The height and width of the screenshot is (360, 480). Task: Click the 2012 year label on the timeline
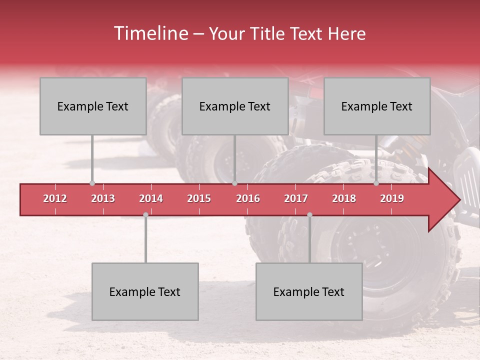(x=55, y=198)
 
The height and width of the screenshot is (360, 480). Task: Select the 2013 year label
(x=103, y=198)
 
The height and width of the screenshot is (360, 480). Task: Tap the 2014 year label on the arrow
(x=151, y=198)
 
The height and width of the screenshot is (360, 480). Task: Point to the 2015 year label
(x=199, y=198)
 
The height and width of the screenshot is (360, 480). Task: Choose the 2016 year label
(x=248, y=198)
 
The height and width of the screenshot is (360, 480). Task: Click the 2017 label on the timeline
(x=296, y=198)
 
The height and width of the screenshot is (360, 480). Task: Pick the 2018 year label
(x=344, y=198)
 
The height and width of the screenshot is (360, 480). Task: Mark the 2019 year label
(x=392, y=198)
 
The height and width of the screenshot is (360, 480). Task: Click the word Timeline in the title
(x=150, y=33)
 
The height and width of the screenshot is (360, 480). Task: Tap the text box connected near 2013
(x=93, y=106)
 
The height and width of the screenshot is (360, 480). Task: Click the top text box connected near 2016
(x=235, y=106)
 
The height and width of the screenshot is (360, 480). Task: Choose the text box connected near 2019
(x=377, y=106)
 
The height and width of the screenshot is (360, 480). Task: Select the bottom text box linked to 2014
(x=145, y=291)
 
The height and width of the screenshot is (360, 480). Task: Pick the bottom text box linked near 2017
(x=309, y=291)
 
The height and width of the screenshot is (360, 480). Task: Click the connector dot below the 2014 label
(x=145, y=214)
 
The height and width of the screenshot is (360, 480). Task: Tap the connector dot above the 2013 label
(x=92, y=183)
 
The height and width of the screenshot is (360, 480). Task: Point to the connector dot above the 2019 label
(x=376, y=183)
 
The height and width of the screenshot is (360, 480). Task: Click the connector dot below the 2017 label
(x=309, y=214)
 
